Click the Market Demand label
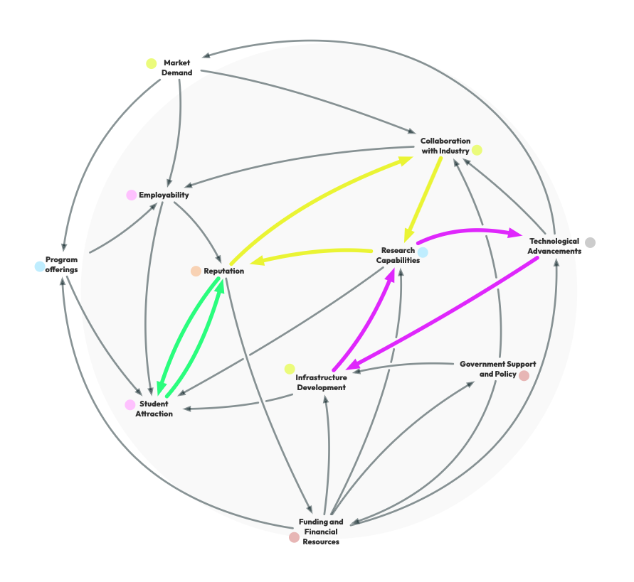[x=176, y=68]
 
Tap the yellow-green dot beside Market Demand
[x=151, y=63]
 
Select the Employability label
[x=164, y=195]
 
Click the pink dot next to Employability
[x=131, y=195]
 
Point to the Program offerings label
[x=61, y=265]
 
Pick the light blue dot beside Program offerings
[x=39, y=266]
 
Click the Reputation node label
[x=223, y=271]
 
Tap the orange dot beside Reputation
[x=196, y=271]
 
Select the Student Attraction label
[x=154, y=409]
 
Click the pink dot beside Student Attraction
[x=130, y=405]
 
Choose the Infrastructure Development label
[x=321, y=382]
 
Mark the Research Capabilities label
[x=398, y=255]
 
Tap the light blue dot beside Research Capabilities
[x=423, y=252]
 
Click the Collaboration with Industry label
[x=445, y=146]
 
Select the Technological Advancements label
[x=554, y=246]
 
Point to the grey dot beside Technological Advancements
[x=590, y=242]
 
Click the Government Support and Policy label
[x=497, y=369]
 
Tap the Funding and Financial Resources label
[x=321, y=532]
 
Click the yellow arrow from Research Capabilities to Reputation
[x=313, y=252]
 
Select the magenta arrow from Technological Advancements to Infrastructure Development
[x=441, y=313]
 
